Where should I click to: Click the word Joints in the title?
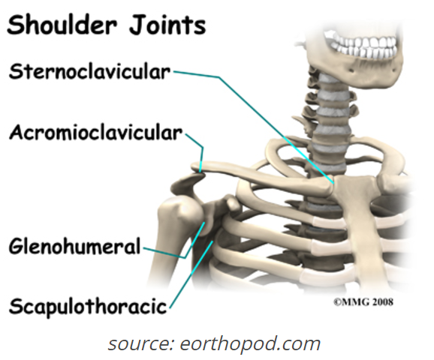[167, 25]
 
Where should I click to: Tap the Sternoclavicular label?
[89, 71]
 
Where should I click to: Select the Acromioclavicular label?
[96, 133]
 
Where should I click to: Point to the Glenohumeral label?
[75, 246]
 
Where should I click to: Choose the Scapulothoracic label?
[88, 306]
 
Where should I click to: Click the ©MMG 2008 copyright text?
[363, 301]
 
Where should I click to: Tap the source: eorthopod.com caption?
[214, 343]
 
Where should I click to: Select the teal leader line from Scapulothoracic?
[191, 274]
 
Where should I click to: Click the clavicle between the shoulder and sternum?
[263, 177]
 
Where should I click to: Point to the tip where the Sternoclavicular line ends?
[334, 183]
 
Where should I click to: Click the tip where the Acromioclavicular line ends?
[200, 172]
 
